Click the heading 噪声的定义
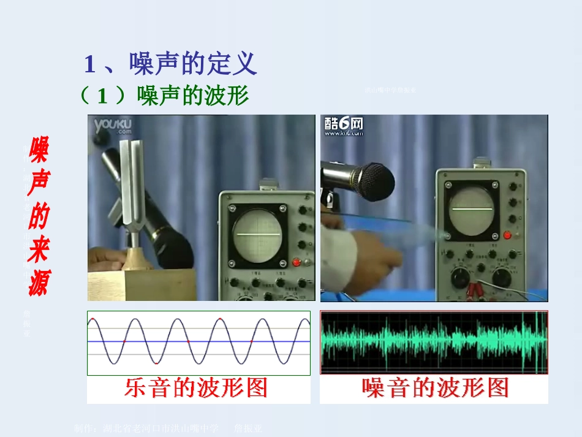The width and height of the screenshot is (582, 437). (x=192, y=64)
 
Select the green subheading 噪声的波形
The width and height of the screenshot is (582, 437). (x=193, y=96)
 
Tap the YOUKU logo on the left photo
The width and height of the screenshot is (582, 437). (x=113, y=127)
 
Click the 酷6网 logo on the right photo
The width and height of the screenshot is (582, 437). (x=344, y=126)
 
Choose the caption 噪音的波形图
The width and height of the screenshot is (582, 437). (x=436, y=388)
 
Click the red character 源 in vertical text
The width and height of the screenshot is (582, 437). (x=38, y=284)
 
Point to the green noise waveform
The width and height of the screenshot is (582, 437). (x=434, y=342)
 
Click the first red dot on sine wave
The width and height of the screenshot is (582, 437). (x=92, y=320)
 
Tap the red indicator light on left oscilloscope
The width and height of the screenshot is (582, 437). (x=297, y=262)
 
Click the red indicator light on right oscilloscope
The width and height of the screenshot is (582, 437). (x=507, y=235)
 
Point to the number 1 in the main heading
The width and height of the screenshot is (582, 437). (x=89, y=64)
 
